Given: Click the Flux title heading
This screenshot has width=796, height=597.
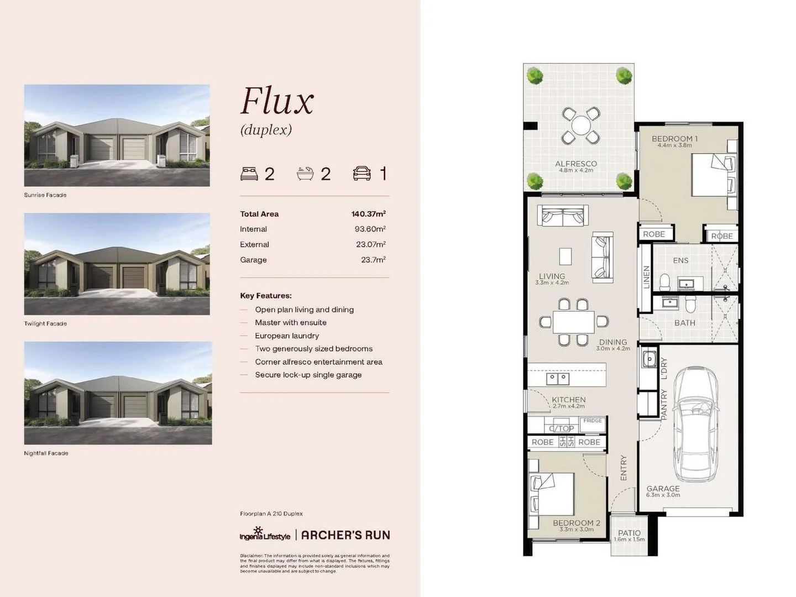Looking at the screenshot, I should pyautogui.click(x=277, y=102).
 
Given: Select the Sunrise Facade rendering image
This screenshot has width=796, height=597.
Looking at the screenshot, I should pyautogui.click(x=117, y=135).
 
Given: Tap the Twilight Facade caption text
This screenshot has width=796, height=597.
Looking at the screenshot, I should pyautogui.click(x=45, y=324).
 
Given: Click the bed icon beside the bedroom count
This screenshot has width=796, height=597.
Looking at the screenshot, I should pyautogui.click(x=249, y=174).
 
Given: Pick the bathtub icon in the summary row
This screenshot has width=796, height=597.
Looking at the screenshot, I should pyautogui.click(x=305, y=174).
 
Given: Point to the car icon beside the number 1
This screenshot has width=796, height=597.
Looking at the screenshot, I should pyautogui.click(x=362, y=174).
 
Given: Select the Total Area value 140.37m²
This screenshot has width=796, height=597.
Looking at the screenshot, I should pyautogui.click(x=368, y=214).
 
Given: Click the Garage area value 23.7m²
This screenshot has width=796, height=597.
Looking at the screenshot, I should pyautogui.click(x=373, y=260).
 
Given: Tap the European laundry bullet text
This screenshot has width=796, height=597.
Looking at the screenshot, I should pyautogui.click(x=286, y=336).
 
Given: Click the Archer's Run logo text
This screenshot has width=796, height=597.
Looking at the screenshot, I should pyautogui.click(x=345, y=535).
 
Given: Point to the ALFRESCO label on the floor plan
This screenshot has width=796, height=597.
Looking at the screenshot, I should pyautogui.click(x=576, y=164).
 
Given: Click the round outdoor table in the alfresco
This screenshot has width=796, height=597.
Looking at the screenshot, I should pyautogui.click(x=580, y=125).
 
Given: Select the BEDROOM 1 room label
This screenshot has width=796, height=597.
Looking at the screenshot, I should pyautogui.click(x=674, y=139).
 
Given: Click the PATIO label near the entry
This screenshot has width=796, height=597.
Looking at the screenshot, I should pyautogui.click(x=629, y=533).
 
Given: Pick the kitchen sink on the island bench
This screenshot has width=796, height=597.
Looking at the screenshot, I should pyautogui.click(x=558, y=379).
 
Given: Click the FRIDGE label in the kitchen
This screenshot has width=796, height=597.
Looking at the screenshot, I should pyautogui.click(x=593, y=421).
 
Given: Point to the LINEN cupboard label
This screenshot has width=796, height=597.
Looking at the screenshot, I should pyautogui.click(x=646, y=277).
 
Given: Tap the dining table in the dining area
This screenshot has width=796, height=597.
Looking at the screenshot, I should pyautogui.click(x=574, y=322).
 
